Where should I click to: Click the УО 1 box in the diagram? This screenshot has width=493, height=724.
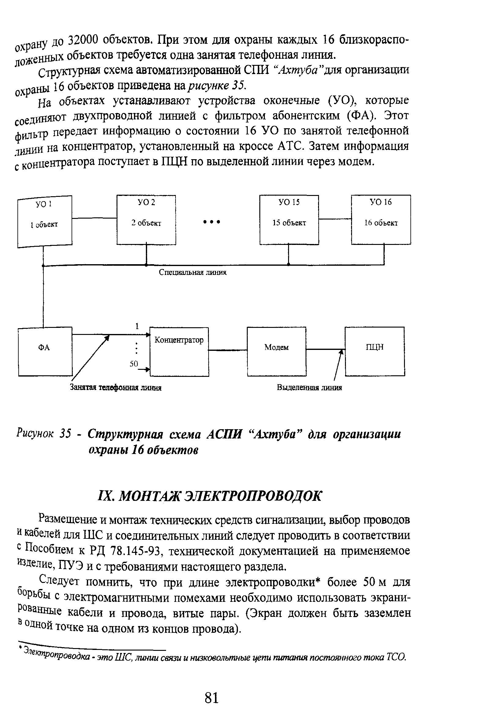45,221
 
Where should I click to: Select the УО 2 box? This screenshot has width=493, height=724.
146,219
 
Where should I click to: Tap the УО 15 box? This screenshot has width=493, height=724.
289,219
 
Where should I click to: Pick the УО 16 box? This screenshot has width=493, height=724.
381,219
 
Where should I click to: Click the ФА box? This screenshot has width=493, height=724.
45,351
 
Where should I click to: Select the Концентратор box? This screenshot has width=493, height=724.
179,351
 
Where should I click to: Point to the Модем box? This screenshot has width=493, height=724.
276,351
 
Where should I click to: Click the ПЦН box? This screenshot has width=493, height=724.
374,351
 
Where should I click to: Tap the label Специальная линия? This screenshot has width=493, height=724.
193,272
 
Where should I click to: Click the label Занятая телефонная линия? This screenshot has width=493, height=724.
116,388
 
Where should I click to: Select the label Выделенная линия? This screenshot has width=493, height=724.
309,388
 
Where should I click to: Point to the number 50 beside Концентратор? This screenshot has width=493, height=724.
134,364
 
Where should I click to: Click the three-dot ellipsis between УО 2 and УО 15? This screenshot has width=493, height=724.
211,222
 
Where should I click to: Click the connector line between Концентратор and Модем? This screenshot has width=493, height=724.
228,350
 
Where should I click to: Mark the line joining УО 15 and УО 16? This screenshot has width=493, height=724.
335,219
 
